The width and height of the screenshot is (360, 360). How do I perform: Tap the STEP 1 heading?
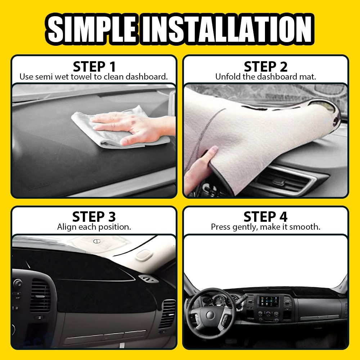(x=94, y=67)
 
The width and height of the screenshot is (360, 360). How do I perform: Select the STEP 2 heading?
(x=266, y=67)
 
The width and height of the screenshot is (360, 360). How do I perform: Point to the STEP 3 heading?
(x=94, y=217)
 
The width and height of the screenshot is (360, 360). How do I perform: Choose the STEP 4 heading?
(x=266, y=217)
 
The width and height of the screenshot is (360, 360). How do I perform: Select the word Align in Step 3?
(x=66, y=227)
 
